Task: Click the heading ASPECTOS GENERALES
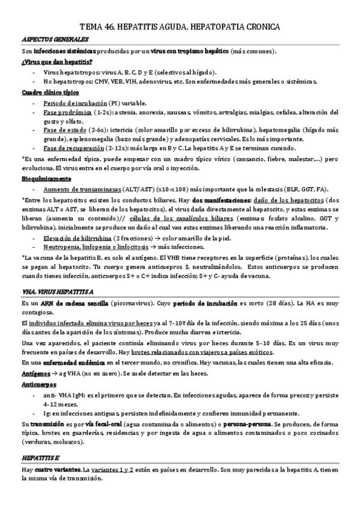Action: pyautogui.click(x=47, y=40)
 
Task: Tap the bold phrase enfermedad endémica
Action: pyautogui.click(x=73, y=363)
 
